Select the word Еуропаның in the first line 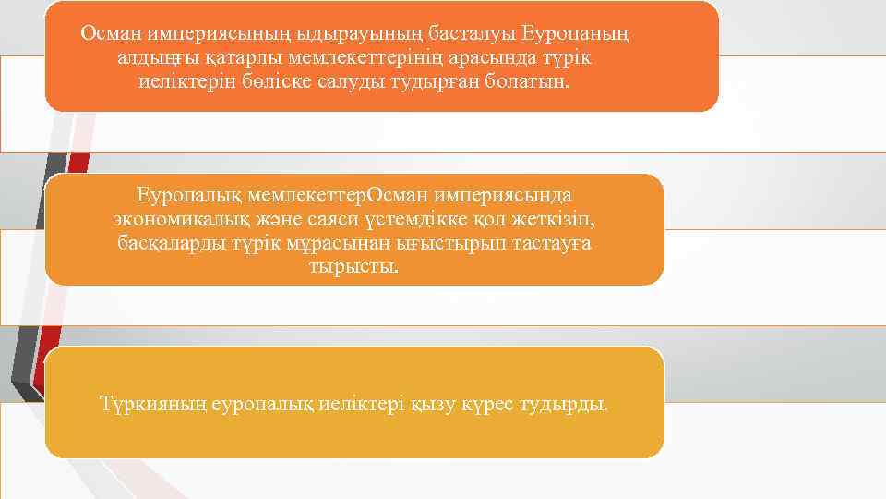pos(575,34)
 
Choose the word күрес pos(501,404)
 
